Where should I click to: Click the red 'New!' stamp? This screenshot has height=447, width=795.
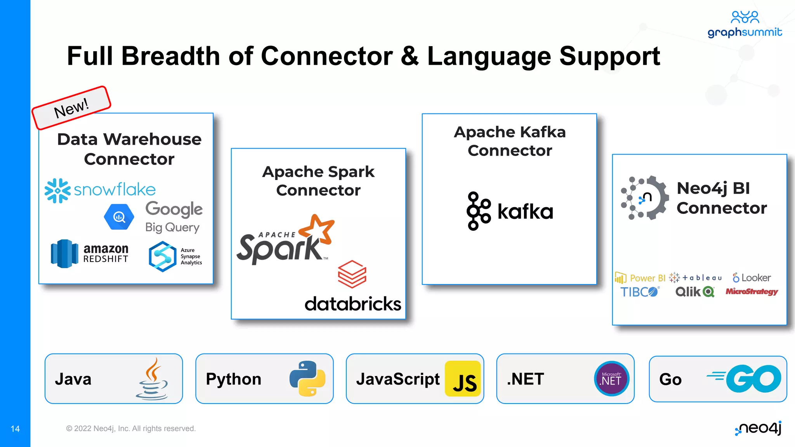(71, 108)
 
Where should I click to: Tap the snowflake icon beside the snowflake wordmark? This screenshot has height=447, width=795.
(57, 191)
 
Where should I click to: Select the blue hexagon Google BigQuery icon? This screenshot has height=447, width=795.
(119, 217)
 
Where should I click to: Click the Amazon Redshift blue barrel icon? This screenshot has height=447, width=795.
(64, 253)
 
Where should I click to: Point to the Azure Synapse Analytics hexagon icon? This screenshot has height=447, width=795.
(162, 256)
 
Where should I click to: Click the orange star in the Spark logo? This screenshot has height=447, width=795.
(318, 230)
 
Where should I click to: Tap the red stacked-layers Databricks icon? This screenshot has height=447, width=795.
(352, 274)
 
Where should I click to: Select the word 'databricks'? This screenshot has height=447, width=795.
(352, 304)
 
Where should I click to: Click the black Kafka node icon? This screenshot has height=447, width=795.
(478, 211)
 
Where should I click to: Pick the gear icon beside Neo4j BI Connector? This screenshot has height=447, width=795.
(645, 198)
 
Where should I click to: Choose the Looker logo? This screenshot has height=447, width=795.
(752, 278)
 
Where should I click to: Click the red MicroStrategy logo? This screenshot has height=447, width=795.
(752, 291)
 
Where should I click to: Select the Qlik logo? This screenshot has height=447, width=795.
(695, 292)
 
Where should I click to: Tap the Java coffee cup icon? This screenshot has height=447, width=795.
(153, 379)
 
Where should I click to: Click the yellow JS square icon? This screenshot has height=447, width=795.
(463, 379)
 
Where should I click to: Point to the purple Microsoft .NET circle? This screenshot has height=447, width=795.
(611, 379)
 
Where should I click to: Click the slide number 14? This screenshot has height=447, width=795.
(15, 429)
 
